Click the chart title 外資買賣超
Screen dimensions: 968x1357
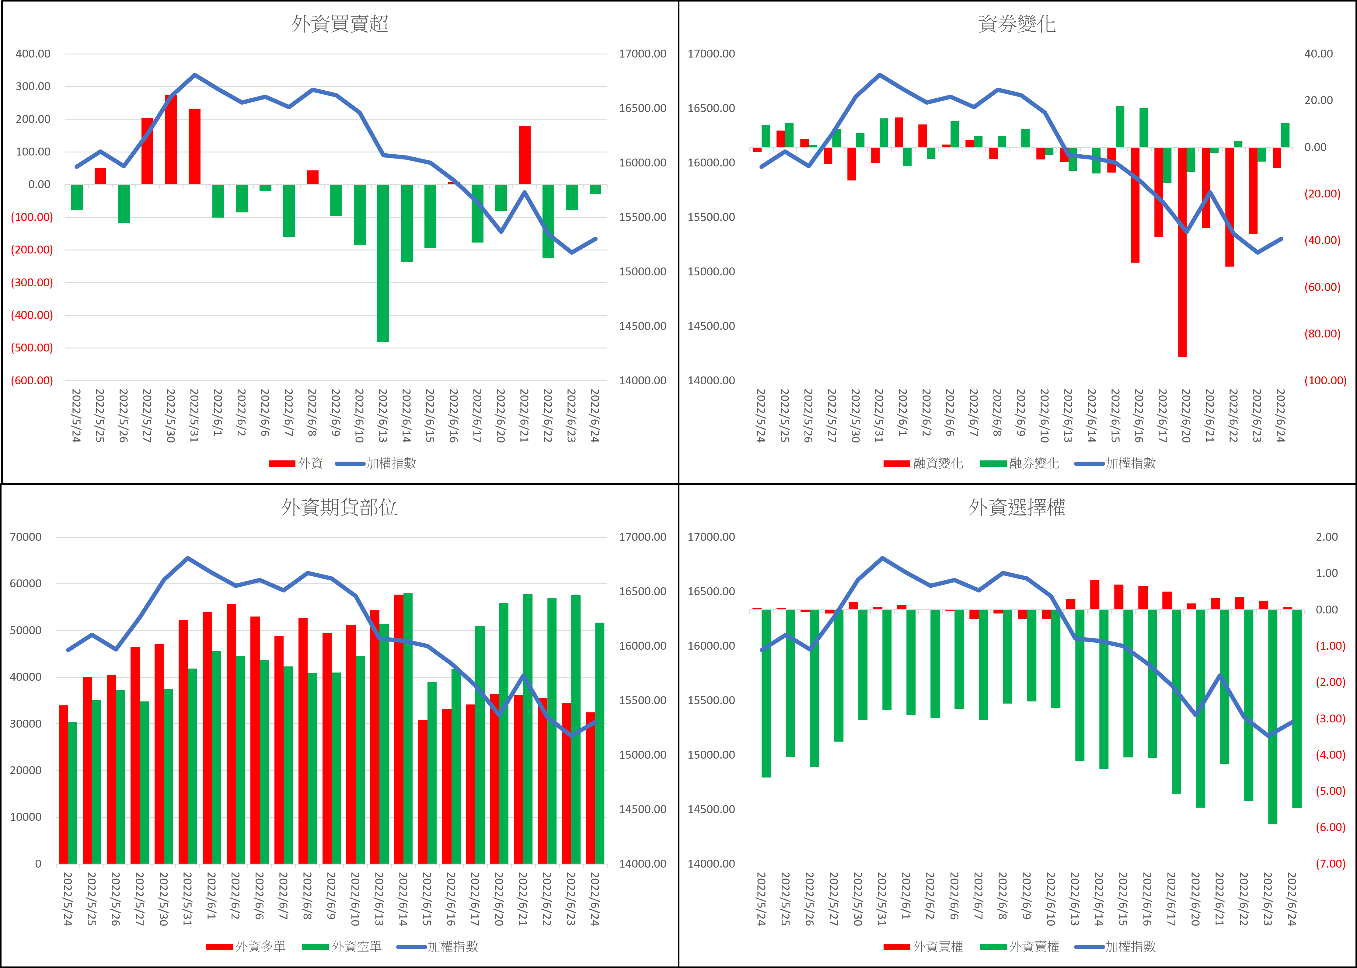(340, 24)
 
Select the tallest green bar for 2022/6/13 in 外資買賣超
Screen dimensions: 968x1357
(383, 262)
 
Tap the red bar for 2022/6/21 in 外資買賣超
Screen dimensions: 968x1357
(525, 155)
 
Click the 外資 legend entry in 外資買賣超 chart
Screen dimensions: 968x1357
(296, 463)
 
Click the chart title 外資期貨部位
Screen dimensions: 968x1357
(339, 507)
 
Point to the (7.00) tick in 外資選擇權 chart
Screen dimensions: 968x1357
(1330, 864)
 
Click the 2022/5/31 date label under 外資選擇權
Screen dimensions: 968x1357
(882, 899)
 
